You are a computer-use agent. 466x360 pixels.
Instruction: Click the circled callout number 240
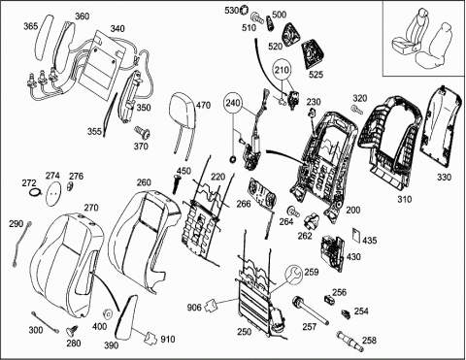[x=233, y=103]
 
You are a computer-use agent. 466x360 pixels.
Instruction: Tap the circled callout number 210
[x=283, y=70]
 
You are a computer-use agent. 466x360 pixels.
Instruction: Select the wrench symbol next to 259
[x=293, y=274]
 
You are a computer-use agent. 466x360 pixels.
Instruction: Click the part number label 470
[x=203, y=106]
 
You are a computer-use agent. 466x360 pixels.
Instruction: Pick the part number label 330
[x=444, y=178]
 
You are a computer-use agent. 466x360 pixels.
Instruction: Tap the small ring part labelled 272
[x=35, y=192]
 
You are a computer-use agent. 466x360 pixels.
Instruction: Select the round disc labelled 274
[x=53, y=192]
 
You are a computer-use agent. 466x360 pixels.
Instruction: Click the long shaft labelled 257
[x=310, y=310]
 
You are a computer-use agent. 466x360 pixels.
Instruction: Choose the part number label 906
[x=194, y=308]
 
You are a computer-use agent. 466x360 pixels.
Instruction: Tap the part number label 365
[x=31, y=26]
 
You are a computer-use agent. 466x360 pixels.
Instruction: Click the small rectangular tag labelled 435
[x=356, y=235]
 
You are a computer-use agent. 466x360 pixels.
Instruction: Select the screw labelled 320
[x=357, y=109]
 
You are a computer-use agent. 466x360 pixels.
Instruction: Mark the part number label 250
[x=245, y=332]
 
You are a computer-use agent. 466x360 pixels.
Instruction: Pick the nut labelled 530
[x=244, y=11]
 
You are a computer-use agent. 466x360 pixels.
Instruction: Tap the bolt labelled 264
[x=294, y=211]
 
